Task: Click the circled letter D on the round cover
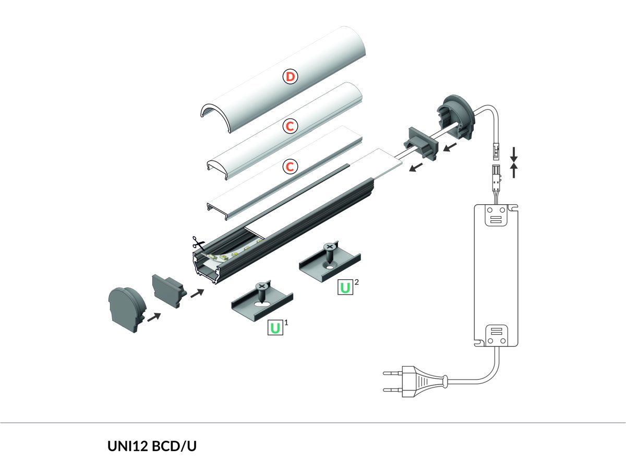coord(290,76)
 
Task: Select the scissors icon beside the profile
coord(198,244)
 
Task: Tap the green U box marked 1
coord(275,327)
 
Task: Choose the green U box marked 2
coord(345,287)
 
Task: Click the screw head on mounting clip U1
coord(262,286)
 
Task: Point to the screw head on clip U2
coord(330,246)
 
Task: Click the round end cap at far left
coord(127,310)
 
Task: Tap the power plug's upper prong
coord(393,373)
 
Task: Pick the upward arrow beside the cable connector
coord(514,171)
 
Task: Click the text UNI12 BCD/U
coord(152,446)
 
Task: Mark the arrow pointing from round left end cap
coord(154,317)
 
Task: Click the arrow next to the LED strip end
coord(416,167)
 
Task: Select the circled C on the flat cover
coord(290,167)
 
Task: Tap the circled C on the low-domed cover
coord(290,126)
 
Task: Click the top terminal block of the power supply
coord(496,216)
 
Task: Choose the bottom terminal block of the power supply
coord(497,336)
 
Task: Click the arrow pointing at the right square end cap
coord(450,147)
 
